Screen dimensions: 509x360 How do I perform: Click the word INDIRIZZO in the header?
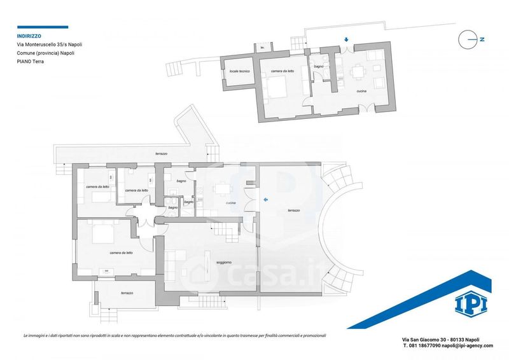pos(29,36)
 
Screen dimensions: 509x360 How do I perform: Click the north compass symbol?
pos(471,39)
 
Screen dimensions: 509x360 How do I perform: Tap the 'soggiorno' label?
pos(224,262)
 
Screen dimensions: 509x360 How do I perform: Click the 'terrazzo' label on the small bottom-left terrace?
pos(127,293)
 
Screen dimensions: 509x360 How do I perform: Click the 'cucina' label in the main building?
pos(230,203)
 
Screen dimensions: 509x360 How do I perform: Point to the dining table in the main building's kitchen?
pos(222,189)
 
